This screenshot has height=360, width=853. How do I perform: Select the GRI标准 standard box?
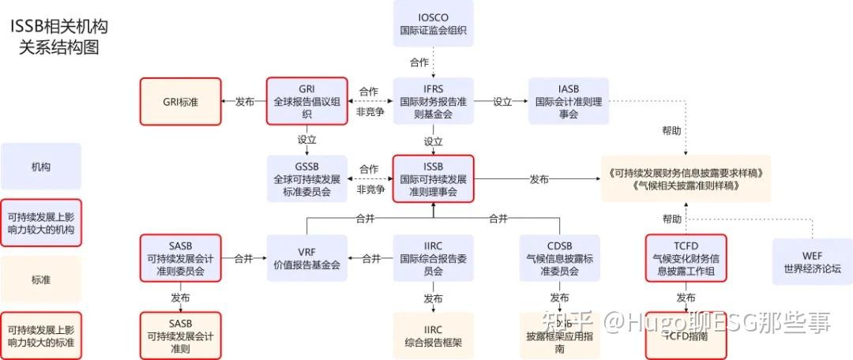180,101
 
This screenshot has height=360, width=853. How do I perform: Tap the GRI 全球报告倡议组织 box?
306,101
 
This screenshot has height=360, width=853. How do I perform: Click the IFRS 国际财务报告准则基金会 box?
433,101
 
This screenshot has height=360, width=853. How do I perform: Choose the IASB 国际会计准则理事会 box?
569,101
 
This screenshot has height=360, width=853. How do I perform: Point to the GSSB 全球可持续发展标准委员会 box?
306,178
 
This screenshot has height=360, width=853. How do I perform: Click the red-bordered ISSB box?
433,178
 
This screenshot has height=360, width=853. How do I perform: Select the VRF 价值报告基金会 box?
306,258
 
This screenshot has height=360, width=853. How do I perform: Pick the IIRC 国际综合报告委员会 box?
433,258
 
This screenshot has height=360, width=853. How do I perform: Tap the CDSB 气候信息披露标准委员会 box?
559,258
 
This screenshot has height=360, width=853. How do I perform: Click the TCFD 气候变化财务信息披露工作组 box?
686,258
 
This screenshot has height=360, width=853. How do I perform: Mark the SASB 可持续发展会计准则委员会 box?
180,258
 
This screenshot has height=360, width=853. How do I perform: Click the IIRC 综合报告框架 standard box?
433,336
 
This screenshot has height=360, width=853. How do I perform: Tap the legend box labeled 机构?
41,167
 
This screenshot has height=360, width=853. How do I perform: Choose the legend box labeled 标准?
41,279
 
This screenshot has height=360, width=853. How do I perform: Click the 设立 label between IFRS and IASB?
502,102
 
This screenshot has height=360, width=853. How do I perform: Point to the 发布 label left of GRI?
244,102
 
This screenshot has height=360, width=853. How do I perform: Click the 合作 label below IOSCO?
419,62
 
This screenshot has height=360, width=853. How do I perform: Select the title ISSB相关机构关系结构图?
59,37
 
